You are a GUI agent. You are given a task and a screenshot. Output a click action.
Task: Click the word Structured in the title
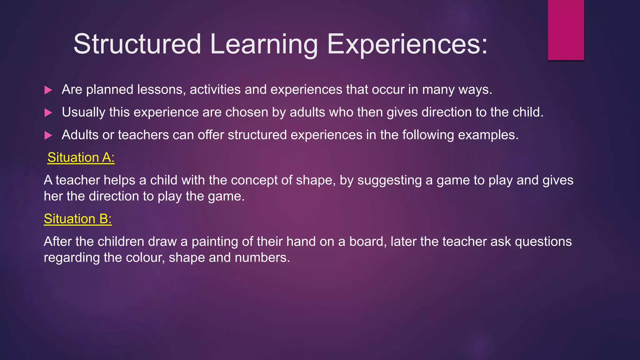coord(137,44)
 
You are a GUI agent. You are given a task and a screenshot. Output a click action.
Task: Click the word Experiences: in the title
coord(407,44)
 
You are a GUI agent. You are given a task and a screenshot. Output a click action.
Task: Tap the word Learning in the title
coord(264,44)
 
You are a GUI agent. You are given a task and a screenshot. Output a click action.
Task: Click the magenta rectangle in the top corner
coord(566,30)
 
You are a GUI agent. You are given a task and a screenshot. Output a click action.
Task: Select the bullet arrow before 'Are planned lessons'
coord(48,90)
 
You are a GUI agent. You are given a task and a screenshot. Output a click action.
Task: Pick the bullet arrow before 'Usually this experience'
coord(48,112)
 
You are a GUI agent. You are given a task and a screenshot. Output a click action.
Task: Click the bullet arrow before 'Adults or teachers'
coord(48,135)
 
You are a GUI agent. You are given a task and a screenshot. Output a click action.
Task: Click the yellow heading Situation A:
coord(81,157)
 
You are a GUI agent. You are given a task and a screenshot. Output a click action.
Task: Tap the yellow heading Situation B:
coord(77,219)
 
